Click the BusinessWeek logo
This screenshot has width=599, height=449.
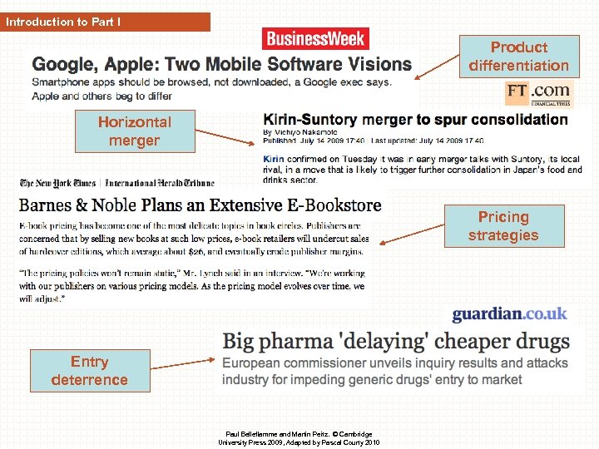[315, 38]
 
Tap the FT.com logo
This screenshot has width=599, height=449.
[538, 92]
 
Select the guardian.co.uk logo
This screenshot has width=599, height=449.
[509, 314]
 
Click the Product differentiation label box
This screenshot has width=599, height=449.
[518, 57]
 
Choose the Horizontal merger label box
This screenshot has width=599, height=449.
[134, 131]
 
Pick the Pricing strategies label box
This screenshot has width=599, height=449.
[502, 226]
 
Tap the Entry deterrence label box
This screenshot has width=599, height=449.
[89, 371]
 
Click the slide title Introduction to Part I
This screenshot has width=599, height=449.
[63, 22]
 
